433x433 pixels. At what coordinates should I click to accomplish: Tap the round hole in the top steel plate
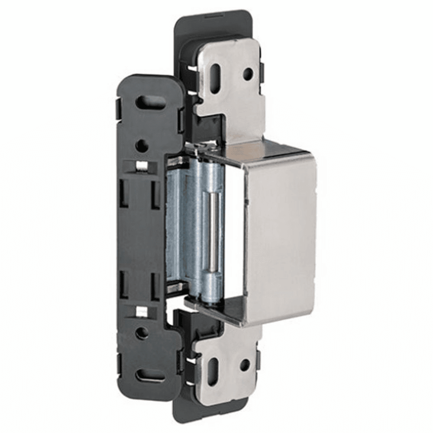click(247, 74)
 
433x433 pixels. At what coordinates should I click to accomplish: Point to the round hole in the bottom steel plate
click(245, 365)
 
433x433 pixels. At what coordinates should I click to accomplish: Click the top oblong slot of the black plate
click(150, 102)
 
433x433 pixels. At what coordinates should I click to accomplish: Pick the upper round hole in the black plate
click(142, 146)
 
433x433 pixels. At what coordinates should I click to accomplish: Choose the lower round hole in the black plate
click(142, 333)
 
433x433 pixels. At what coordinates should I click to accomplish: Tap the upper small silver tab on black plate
click(141, 166)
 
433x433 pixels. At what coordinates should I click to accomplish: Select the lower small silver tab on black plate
click(141, 311)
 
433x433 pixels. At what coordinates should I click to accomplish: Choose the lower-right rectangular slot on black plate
click(155, 285)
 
